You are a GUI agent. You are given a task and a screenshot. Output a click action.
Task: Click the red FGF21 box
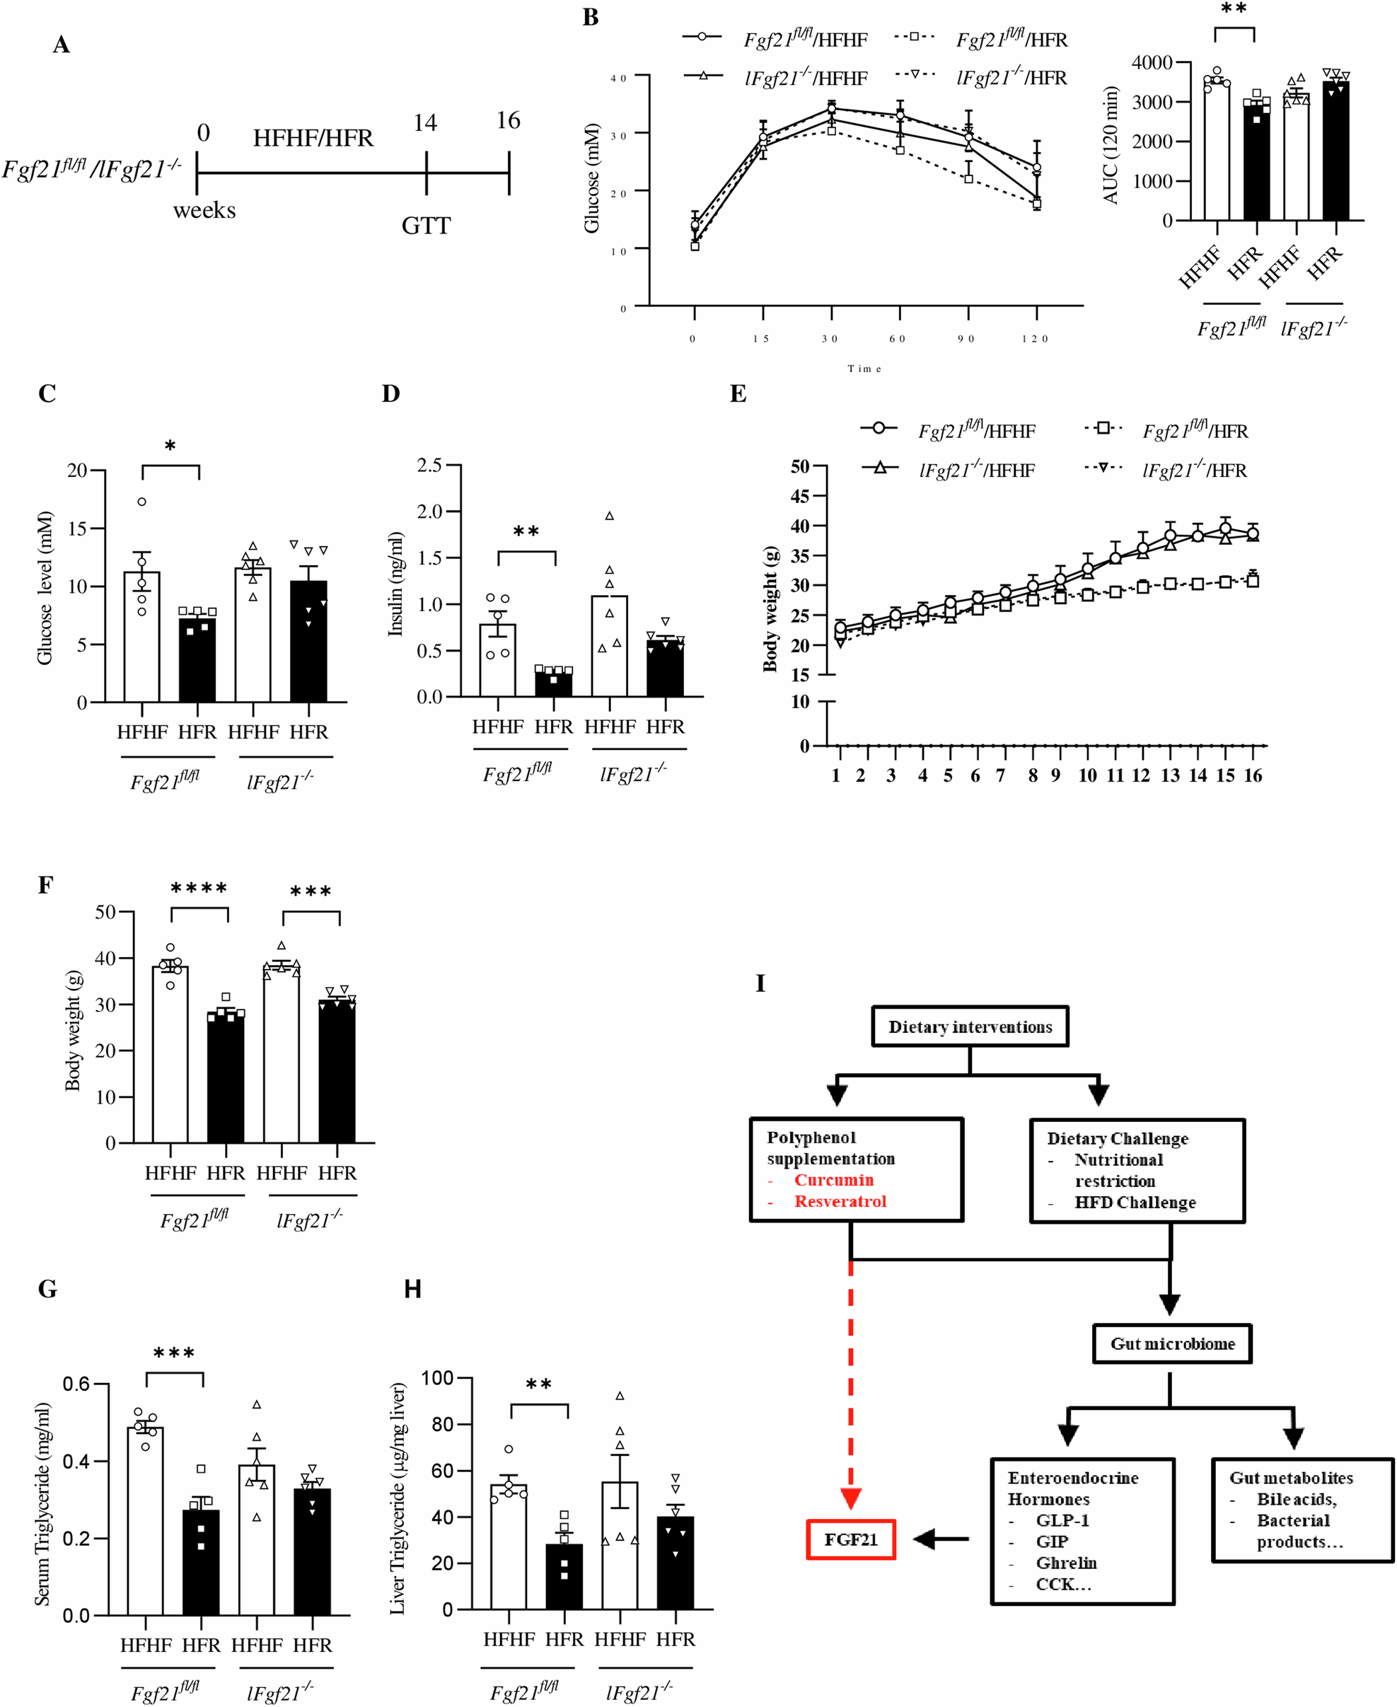pos(851,1539)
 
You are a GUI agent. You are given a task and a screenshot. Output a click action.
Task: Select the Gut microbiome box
pos(1171,1343)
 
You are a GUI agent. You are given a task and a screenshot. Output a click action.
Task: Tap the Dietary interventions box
pos(970,1027)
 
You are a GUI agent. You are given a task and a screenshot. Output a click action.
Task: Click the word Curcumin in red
pos(834,1180)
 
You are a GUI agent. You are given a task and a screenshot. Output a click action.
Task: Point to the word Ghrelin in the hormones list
pos(1066,1563)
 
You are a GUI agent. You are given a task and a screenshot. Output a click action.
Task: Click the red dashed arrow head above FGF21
pos(851,1498)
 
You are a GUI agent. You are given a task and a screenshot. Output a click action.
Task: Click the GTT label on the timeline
pos(426,226)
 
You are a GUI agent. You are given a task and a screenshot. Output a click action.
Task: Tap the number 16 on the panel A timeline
pos(508,121)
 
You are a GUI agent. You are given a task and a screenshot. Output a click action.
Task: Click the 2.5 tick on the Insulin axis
pos(430,465)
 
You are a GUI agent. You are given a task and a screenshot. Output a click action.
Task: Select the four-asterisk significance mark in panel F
pos(199,889)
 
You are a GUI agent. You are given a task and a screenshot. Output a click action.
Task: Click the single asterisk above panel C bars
pos(170,445)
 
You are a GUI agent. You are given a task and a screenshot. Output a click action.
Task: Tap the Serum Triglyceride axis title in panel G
pos(42,1504)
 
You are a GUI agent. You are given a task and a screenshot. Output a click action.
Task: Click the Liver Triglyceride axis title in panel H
pos(398,1498)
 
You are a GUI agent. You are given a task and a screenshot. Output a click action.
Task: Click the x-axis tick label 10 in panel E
pos(1087,776)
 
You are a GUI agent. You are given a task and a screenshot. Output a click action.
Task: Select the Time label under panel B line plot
pos(864,369)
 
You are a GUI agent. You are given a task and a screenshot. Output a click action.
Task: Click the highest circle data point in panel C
pos(141,502)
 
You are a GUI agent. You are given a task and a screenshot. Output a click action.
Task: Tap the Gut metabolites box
pos(1302,1510)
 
